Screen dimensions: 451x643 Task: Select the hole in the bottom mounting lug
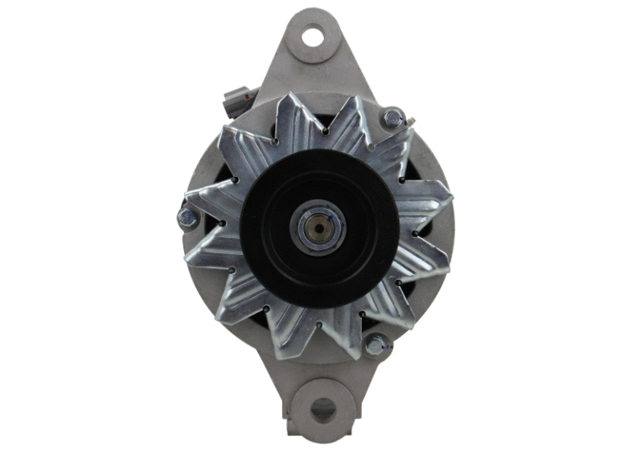point(322,409)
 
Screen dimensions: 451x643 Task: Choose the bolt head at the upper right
point(391,119)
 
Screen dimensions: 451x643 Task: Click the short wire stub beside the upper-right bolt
point(409,125)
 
